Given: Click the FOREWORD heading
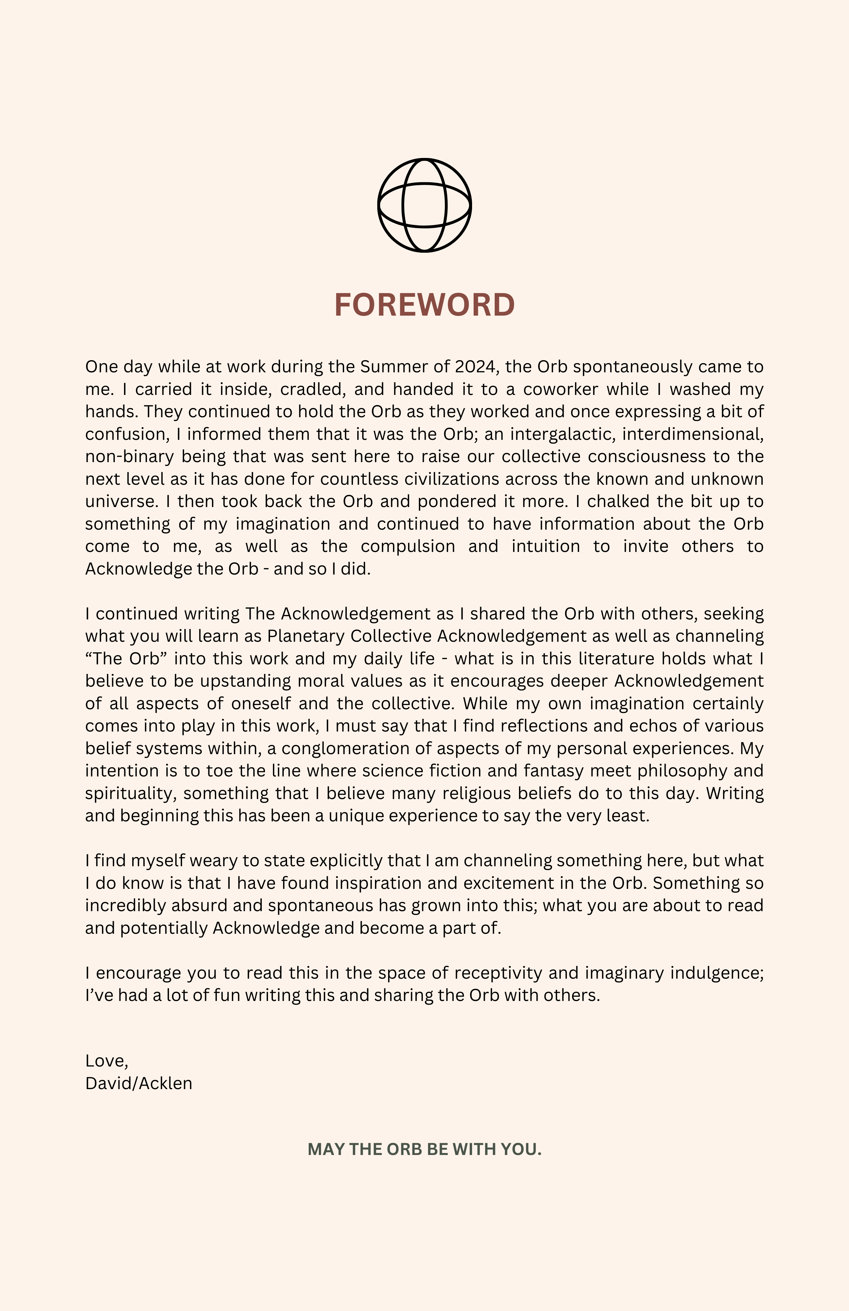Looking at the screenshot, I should [424, 304].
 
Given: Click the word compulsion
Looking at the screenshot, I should [408, 546].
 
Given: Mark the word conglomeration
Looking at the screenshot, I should [356, 749].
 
